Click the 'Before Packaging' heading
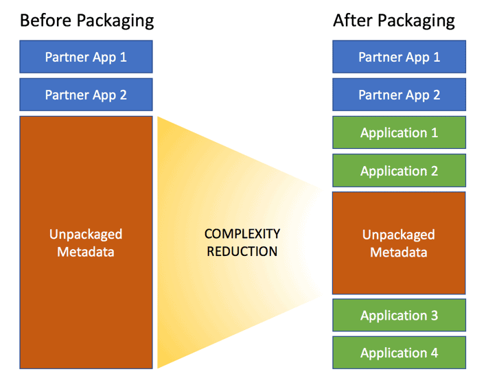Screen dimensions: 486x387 [x=86, y=21]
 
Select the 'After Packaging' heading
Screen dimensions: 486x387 [x=393, y=21]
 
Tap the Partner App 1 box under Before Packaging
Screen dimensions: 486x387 [x=86, y=57]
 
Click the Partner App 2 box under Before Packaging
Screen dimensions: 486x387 [x=86, y=95]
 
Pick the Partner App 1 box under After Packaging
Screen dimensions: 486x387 [x=400, y=57]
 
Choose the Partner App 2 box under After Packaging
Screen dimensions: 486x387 [x=400, y=95]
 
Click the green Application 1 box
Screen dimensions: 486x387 [x=400, y=132]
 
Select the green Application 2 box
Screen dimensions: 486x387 [x=400, y=170]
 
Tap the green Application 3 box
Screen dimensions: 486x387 [x=400, y=315]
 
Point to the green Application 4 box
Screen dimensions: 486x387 [x=400, y=353]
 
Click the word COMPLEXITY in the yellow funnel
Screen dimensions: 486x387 [x=242, y=234]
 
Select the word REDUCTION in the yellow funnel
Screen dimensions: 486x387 [x=242, y=251]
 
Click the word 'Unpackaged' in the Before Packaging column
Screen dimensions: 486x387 [x=86, y=235]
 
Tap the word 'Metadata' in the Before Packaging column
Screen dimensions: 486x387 [x=86, y=252]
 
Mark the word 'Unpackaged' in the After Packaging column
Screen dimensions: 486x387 [x=399, y=235]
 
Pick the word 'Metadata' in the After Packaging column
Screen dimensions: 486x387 [x=399, y=253]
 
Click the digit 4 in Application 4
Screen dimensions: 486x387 [x=435, y=353]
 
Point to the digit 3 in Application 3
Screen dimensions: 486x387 [x=435, y=315]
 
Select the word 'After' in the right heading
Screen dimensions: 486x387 [x=353, y=21]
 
